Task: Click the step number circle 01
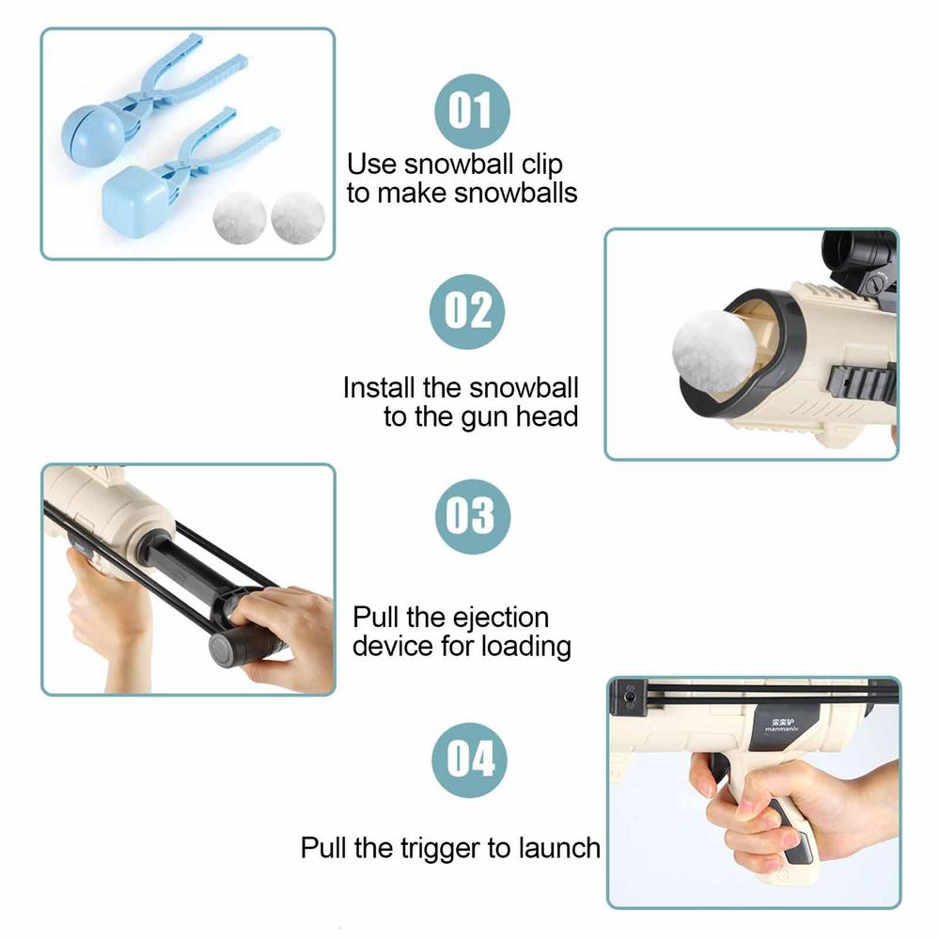click(x=471, y=111)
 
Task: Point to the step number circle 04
click(x=470, y=757)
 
